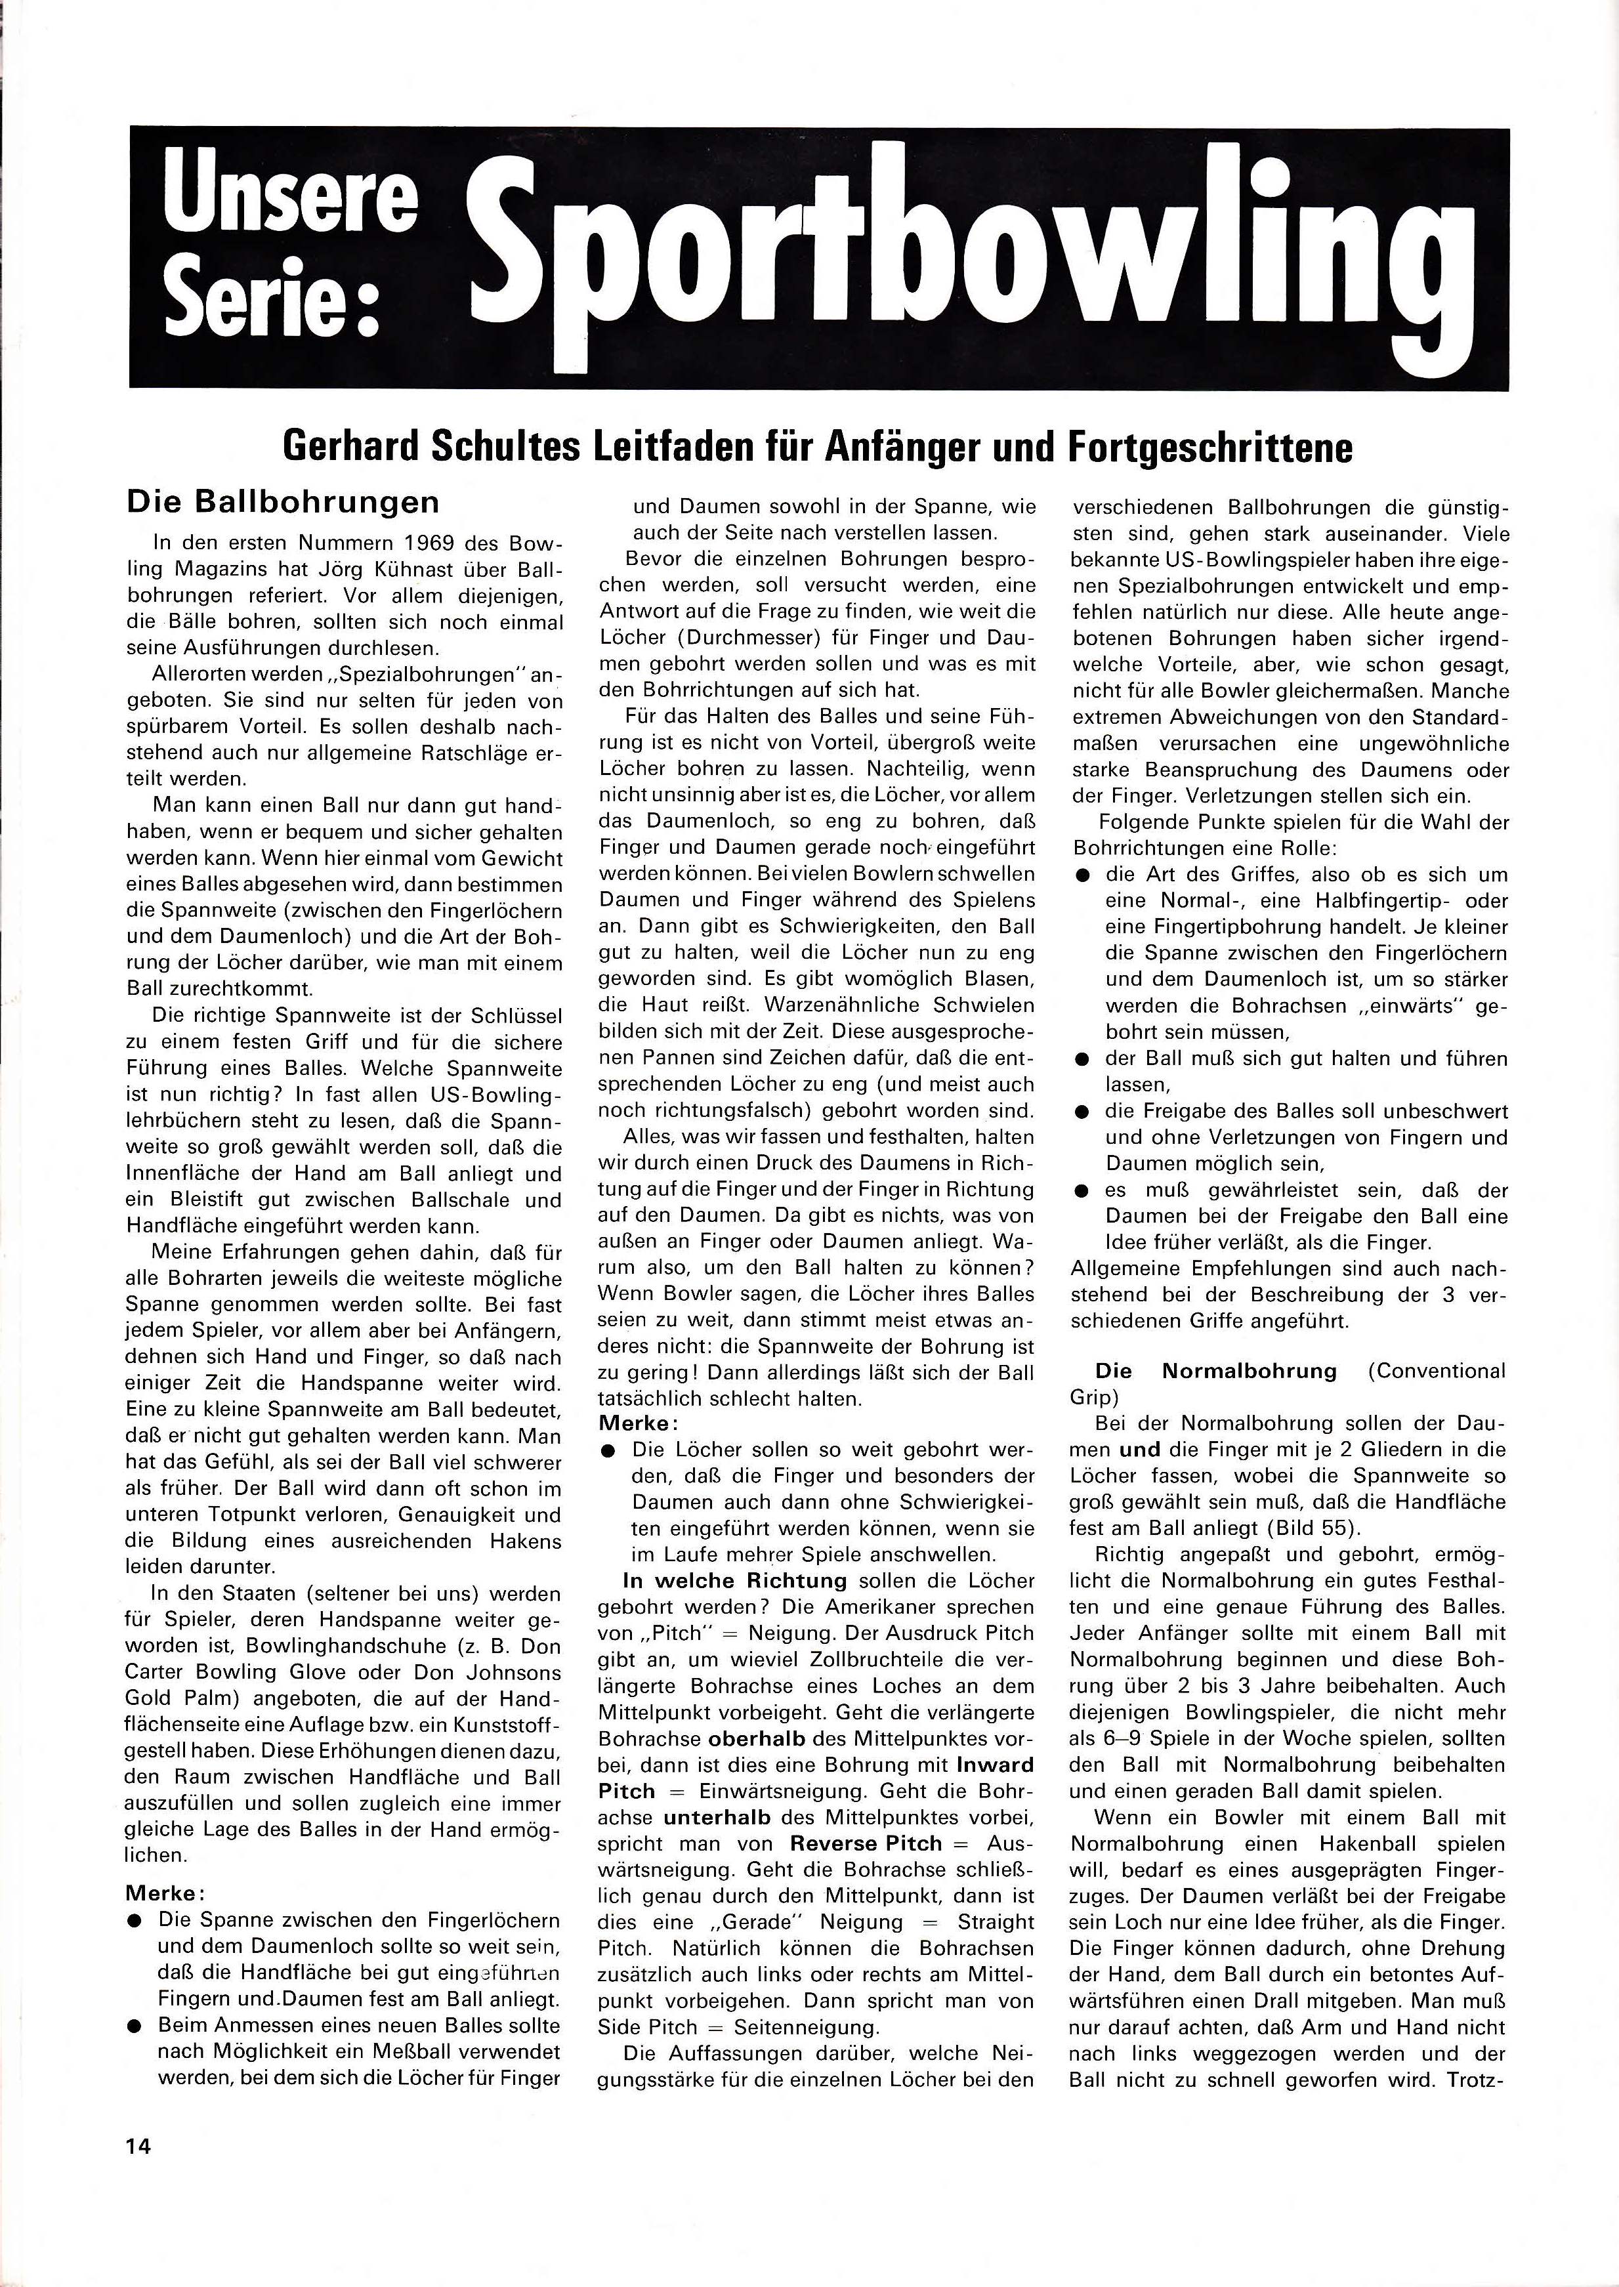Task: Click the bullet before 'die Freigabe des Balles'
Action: coord(1082,1110)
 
